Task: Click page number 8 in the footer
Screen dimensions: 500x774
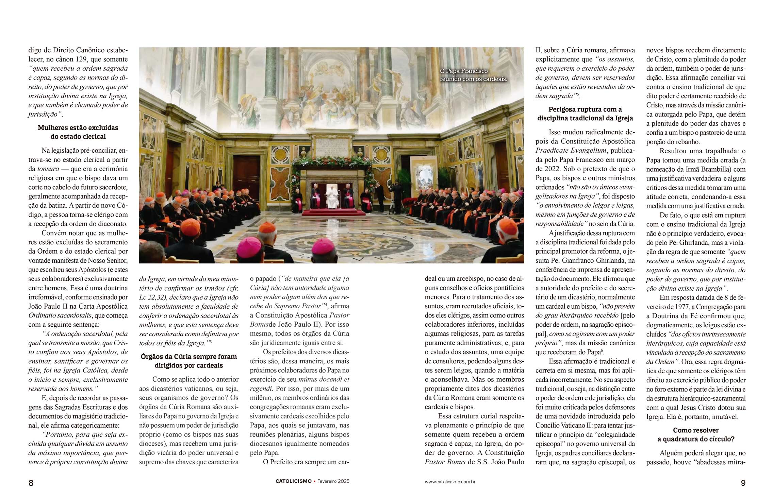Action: (x=31, y=483)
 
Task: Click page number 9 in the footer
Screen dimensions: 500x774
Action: (x=743, y=483)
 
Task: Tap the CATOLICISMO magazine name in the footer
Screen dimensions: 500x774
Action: (x=293, y=481)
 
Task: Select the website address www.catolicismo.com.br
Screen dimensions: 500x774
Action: (x=450, y=482)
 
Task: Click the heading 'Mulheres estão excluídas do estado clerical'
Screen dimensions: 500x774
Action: (x=78, y=132)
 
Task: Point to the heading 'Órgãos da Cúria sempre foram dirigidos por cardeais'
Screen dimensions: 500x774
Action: (x=189, y=361)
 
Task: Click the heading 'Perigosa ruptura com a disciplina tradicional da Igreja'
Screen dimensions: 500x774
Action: (x=585, y=114)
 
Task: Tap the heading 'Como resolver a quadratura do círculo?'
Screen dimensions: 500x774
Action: (x=696, y=434)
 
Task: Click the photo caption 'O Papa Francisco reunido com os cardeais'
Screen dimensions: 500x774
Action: (x=473, y=75)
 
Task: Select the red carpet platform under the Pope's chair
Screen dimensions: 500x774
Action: (x=329, y=212)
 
